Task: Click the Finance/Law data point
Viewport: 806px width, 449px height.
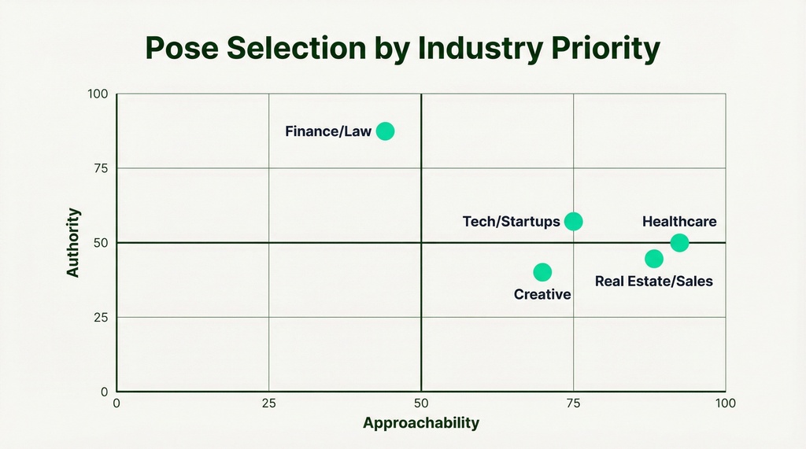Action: (x=385, y=131)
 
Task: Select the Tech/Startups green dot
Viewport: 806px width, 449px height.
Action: (x=574, y=222)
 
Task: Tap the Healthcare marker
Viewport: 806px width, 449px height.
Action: (x=679, y=243)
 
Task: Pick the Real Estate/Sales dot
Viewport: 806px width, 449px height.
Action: (x=654, y=259)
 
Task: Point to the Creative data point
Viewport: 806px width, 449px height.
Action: (x=542, y=272)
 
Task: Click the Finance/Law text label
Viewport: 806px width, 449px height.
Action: (x=328, y=131)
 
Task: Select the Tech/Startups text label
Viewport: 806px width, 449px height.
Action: (x=512, y=222)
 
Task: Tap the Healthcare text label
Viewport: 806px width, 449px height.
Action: (x=679, y=222)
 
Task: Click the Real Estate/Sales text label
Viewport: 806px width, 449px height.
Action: (x=654, y=281)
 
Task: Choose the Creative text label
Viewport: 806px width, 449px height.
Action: (x=542, y=295)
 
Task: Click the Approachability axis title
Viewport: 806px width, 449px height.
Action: (x=421, y=423)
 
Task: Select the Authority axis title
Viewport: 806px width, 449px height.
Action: (x=73, y=242)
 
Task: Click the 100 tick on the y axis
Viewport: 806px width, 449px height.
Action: (x=98, y=94)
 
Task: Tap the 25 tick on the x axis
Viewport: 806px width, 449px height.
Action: (x=269, y=403)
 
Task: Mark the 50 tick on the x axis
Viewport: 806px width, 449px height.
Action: (x=421, y=403)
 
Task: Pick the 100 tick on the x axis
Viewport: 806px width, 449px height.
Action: (x=725, y=403)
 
